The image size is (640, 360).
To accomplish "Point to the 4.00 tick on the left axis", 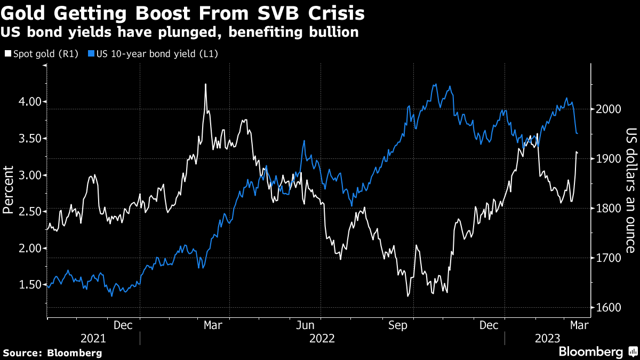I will coord(22,101).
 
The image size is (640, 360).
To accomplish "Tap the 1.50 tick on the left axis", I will coord(22,285).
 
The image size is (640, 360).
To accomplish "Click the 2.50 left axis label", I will coord(22,212).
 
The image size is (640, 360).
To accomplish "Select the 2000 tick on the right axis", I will coord(607,109).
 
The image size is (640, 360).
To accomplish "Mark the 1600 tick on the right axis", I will coord(607,308).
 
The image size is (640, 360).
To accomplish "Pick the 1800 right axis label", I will coord(607,209).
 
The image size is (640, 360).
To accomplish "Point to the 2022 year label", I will coord(322,338).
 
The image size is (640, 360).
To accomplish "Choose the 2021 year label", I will coord(93,338).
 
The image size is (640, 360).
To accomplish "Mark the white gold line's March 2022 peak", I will coord(205,84).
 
